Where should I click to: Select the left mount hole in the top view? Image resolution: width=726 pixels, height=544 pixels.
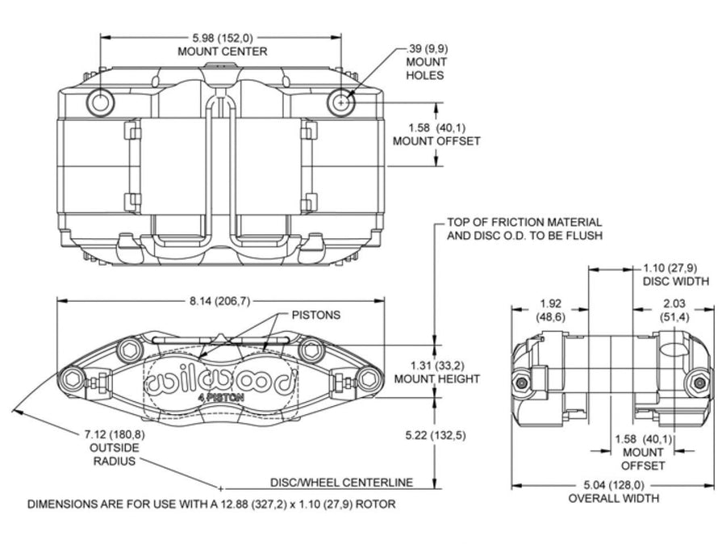tap(100, 103)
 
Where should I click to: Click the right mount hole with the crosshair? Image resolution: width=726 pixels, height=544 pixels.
tap(341, 103)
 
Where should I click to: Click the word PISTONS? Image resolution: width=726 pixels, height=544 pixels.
tap(315, 315)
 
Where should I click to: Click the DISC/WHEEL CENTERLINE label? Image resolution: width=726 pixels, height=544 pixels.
tap(342, 483)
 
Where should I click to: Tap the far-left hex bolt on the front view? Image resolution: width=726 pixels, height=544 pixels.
tap(73, 380)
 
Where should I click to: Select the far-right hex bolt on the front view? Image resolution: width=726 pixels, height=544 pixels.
tap(369, 379)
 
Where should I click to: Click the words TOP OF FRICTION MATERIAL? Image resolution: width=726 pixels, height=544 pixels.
tap(524, 223)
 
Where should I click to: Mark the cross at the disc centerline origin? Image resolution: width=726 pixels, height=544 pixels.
tap(221, 488)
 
